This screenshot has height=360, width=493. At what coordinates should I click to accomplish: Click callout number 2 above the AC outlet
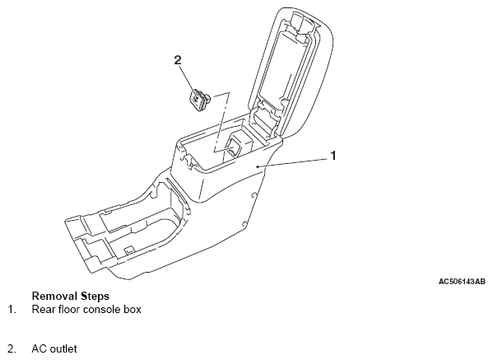pos(178,60)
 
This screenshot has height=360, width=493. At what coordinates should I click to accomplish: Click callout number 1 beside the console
pos(333,156)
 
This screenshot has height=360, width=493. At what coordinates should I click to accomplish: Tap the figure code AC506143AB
pos(462,282)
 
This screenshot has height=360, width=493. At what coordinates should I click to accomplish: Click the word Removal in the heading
pos(54,296)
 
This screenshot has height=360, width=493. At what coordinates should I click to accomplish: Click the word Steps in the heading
pos(95,297)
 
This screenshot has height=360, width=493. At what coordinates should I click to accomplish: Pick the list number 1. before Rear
pos(12,310)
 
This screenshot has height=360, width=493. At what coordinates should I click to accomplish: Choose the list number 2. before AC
pos(12,349)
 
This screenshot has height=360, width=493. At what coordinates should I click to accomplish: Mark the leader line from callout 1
pos(293,162)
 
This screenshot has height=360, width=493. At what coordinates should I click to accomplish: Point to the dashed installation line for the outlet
pos(221,123)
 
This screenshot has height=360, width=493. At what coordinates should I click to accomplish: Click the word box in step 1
pos(130,310)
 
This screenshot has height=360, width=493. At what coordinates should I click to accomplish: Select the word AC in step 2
pos(40,349)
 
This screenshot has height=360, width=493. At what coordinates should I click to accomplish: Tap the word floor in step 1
pos(69,310)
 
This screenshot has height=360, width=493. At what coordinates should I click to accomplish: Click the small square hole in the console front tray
pos(128,250)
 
